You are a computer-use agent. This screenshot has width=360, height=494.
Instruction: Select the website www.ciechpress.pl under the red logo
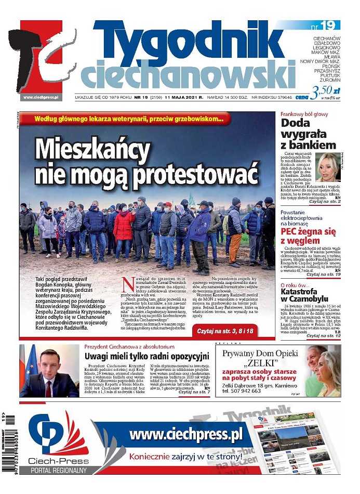pos(41,97)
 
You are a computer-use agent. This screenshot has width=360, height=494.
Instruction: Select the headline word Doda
pos(297,124)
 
